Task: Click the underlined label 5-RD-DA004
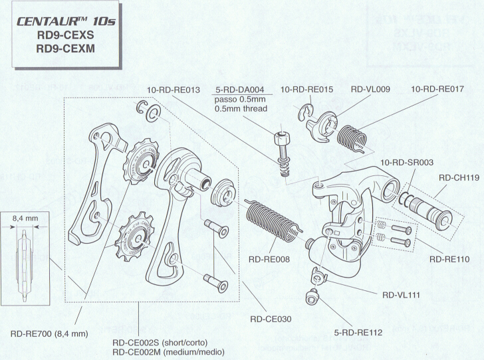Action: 241,90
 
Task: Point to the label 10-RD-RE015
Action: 305,90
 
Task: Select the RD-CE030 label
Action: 271,319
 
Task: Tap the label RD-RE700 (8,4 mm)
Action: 49,333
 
